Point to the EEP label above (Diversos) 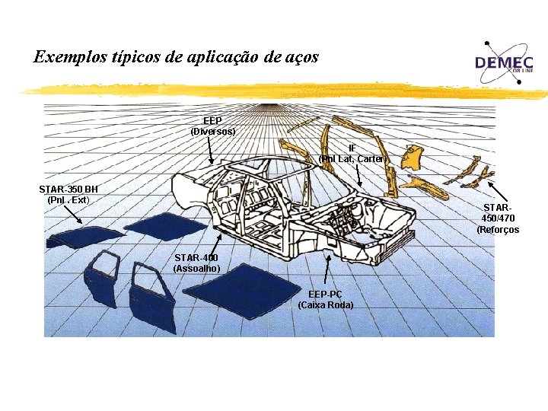[x=212, y=121]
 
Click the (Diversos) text [x=212, y=132]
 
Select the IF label [x=352, y=148]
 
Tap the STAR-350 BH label [x=68, y=189]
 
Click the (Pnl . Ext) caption [x=68, y=199]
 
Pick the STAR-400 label [x=196, y=257]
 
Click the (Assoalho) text [x=196, y=268]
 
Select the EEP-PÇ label [x=325, y=295]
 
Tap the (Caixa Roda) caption [x=325, y=305]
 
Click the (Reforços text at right [x=498, y=229]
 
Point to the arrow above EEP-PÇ [x=328, y=270]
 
